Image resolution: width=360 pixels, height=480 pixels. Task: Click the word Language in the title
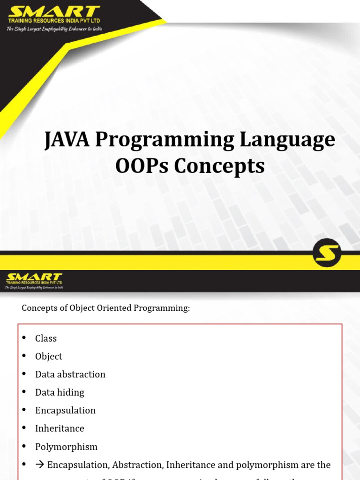click(x=294, y=140)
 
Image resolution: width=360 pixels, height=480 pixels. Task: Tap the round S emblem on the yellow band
click(x=327, y=253)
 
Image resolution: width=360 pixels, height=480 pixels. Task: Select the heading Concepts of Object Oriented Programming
click(x=106, y=308)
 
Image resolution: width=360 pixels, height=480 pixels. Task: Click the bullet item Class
click(x=46, y=338)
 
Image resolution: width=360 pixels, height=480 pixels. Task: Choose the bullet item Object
click(x=49, y=356)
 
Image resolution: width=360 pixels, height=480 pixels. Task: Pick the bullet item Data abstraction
click(x=70, y=375)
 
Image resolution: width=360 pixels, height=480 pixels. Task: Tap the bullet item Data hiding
click(x=60, y=392)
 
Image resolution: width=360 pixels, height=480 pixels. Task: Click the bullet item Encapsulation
click(x=65, y=411)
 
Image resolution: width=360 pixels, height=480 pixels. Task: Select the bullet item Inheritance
click(x=60, y=428)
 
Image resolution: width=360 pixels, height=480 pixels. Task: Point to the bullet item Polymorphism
click(x=66, y=447)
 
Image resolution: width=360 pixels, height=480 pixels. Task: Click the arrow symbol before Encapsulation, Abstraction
click(x=40, y=465)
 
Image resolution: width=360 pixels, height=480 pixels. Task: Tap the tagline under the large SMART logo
click(x=54, y=29)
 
